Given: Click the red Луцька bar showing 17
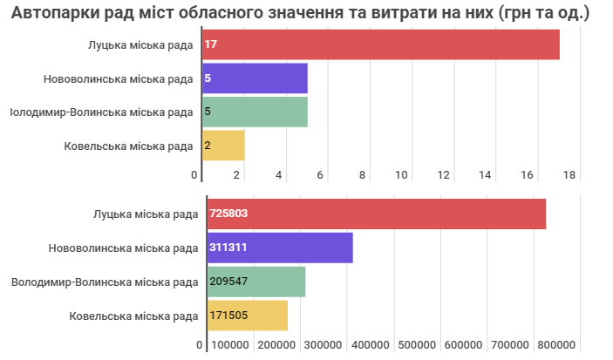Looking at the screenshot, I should point(380,44).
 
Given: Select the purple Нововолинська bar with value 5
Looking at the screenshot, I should point(255,78).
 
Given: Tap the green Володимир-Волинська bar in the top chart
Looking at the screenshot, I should point(255,112).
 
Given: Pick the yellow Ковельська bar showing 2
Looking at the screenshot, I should point(223,146).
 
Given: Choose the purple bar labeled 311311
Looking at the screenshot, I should point(280,248).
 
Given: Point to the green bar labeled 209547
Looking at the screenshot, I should point(256,282).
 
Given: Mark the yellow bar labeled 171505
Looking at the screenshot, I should point(248,315).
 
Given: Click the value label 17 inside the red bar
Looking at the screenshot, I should point(210,44).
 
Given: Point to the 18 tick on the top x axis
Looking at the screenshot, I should point(569,175).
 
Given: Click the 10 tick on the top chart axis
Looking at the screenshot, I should point(403,175).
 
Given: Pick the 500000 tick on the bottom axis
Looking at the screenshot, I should point(417,345).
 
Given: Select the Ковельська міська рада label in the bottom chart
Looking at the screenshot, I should point(133,315).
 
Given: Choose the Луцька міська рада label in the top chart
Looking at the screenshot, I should point(140,44).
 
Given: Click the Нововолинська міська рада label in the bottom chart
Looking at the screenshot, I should point(123,248).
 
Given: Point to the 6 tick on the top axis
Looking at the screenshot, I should point(320,175).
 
